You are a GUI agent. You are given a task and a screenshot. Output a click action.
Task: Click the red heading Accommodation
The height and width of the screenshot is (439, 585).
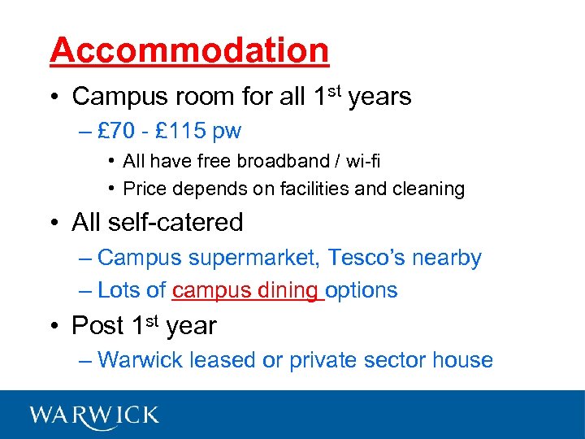click(x=189, y=50)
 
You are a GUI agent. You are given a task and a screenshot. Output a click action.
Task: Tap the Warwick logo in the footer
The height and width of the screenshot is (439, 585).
click(x=94, y=415)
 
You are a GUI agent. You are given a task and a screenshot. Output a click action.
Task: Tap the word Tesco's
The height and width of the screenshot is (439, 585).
click(x=369, y=259)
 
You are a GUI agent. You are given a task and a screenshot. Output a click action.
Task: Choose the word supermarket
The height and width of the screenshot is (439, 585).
click(x=255, y=259)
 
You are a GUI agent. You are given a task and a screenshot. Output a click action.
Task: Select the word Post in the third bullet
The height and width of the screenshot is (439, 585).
click(x=97, y=326)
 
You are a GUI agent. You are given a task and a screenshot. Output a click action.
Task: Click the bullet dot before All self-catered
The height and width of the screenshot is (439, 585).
click(x=53, y=222)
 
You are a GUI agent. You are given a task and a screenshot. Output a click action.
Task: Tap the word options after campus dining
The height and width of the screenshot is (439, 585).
click(x=362, y=290)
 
